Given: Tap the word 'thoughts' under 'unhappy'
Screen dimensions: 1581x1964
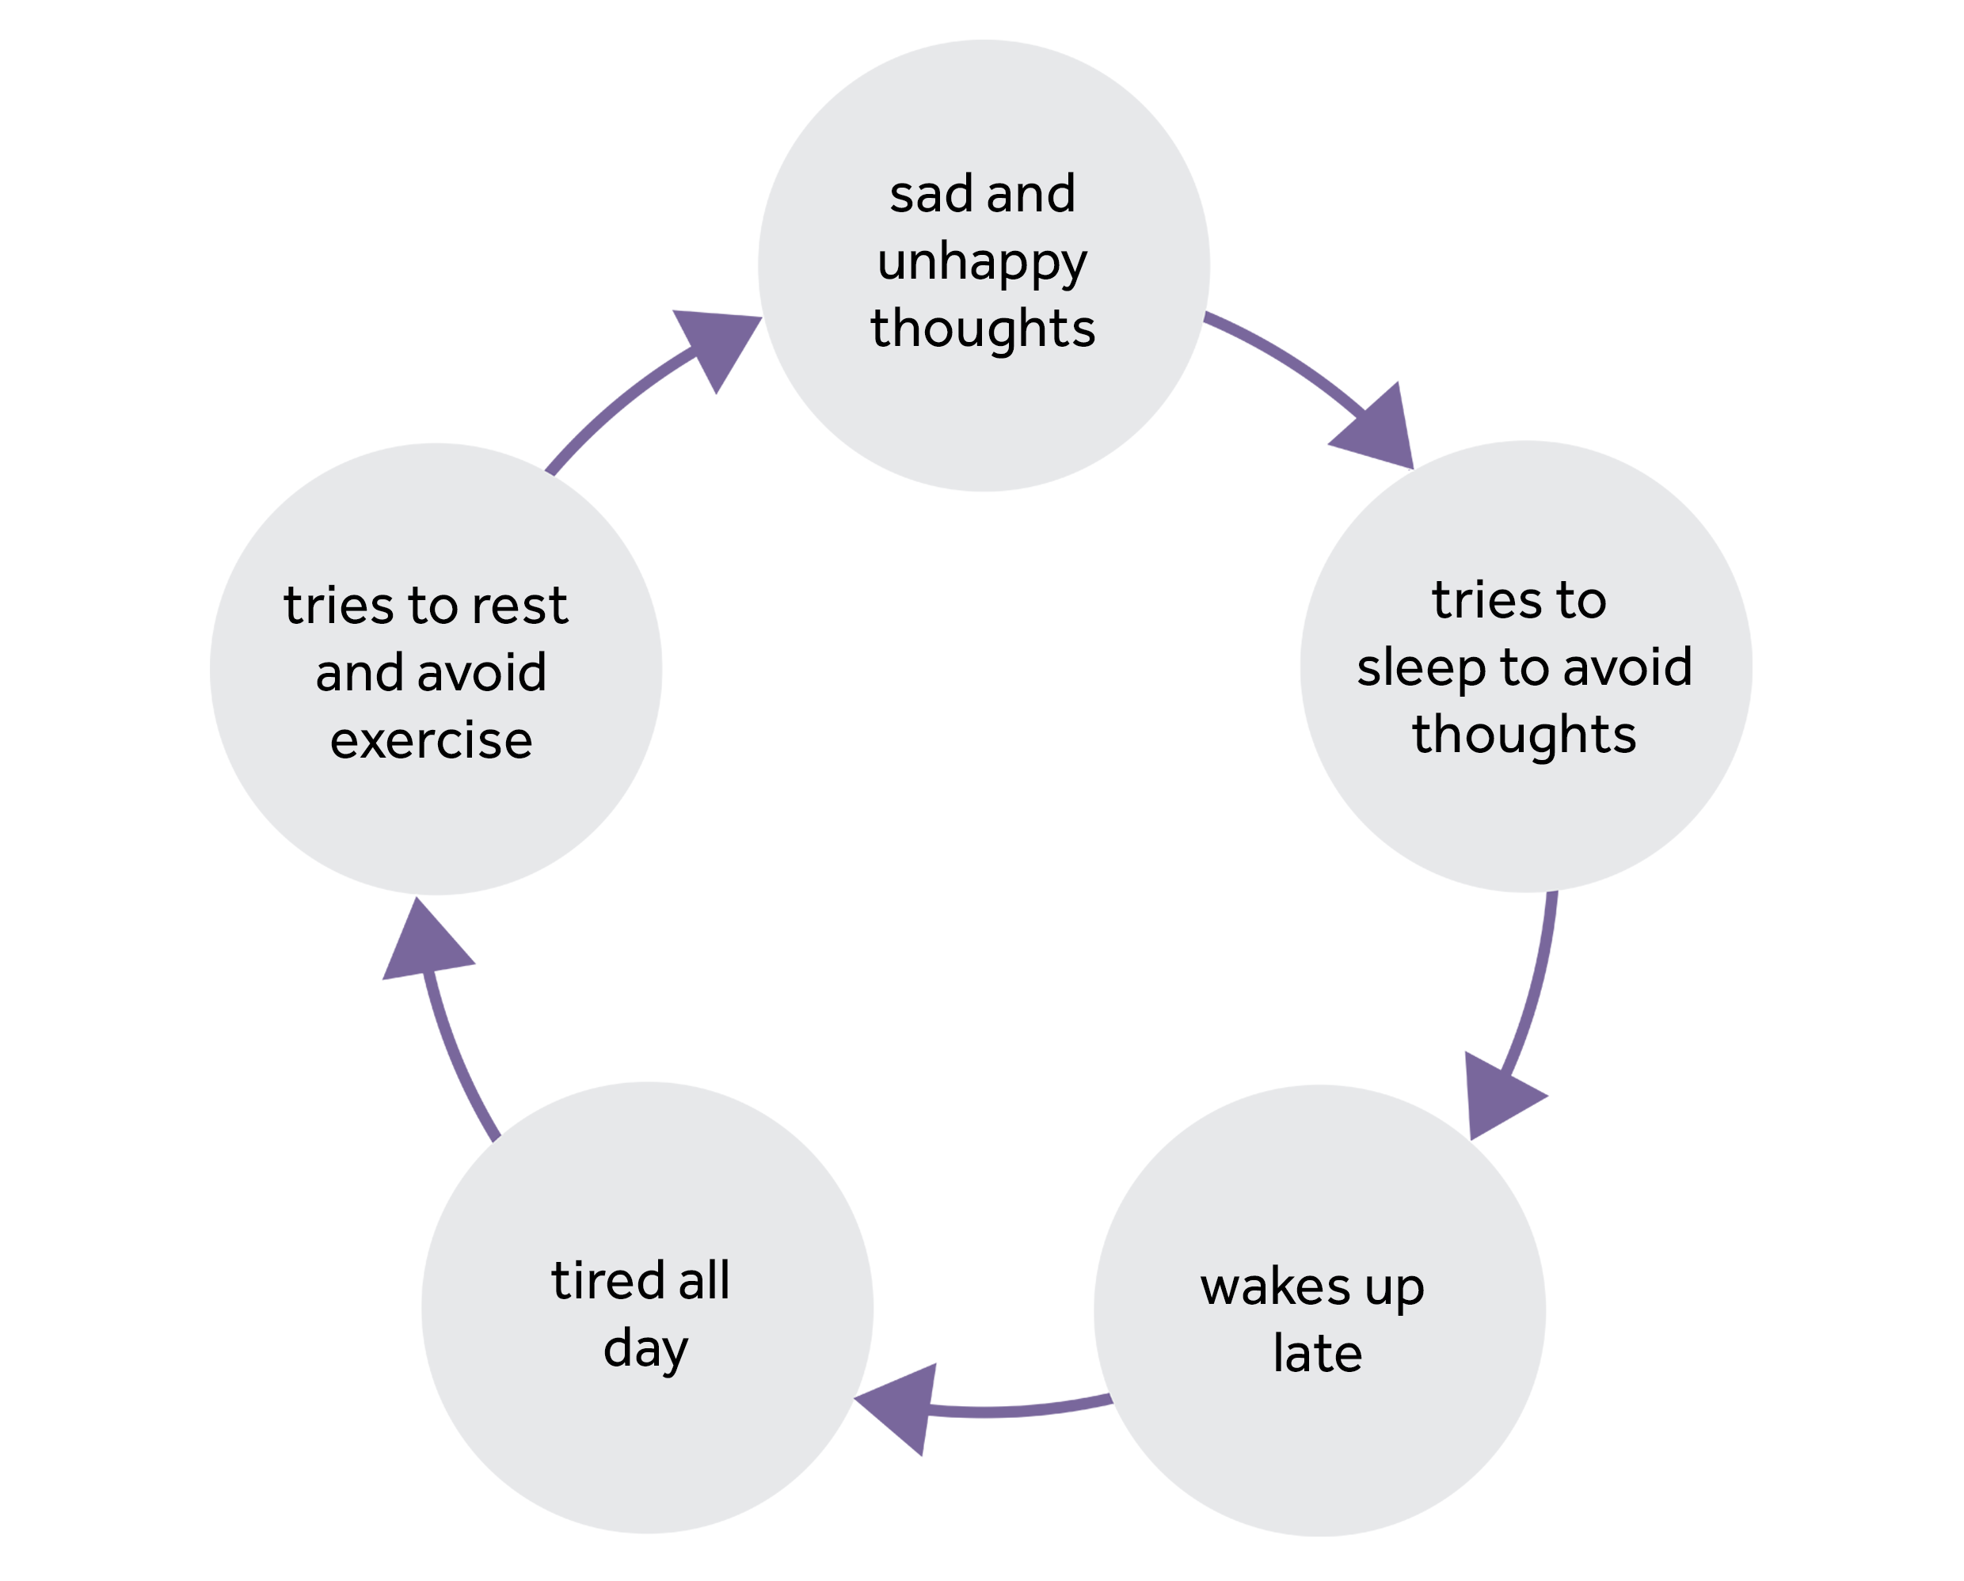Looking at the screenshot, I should [983, 329].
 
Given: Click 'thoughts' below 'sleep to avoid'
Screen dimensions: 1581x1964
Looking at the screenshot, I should [1524, 735].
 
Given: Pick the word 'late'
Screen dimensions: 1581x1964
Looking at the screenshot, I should [1317, 1355].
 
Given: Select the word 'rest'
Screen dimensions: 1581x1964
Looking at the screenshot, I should [526, 606].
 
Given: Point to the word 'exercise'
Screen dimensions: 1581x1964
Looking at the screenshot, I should [431, 740].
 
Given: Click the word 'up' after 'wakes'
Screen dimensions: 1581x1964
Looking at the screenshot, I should [1394, 1289].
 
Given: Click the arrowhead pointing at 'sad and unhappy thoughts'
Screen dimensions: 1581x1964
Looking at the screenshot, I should [716, 345].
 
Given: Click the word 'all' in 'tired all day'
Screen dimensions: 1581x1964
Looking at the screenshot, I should [703, 1282].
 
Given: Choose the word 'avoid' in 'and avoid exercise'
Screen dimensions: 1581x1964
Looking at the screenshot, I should [481, 673].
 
